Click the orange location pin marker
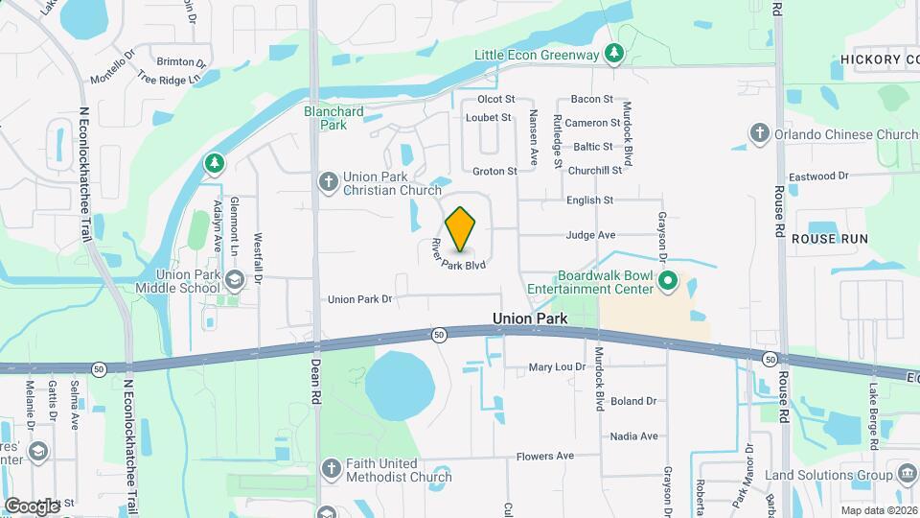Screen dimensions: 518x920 (461, 228)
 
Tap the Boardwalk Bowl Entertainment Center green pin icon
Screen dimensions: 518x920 (669, 281)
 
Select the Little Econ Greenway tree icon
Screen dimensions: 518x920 (614, 55)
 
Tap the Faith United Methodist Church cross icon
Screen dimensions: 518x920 (332, 468)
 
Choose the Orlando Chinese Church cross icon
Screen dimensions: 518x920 (760, 134)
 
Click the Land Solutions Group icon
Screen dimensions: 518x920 (907, 474)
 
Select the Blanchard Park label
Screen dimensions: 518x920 (333, 118)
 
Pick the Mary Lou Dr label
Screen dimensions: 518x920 (558, 367)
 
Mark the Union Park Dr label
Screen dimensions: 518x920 (360, 299)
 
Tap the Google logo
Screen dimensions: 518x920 (31, 505)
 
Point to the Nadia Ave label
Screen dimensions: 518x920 (633, 436)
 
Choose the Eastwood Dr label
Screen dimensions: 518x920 (817, 177)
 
